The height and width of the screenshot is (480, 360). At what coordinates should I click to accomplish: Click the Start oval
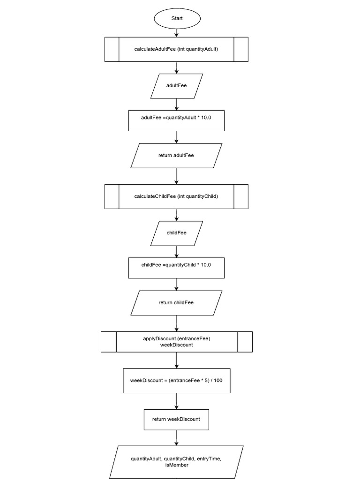click(x=177, y=18)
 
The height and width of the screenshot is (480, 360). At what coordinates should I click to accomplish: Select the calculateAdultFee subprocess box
click(x=176, y=49)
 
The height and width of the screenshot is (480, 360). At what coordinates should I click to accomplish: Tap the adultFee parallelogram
click(x=176, y=86)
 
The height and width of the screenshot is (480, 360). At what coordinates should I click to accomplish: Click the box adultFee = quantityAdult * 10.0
click(x=176, y=120)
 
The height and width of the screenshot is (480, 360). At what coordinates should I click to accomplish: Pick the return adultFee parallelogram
click(x=176, y=156)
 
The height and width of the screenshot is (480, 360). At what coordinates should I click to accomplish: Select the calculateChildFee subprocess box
click(x=176, y=196)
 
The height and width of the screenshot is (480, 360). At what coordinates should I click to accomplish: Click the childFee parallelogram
click(x=176, y=233)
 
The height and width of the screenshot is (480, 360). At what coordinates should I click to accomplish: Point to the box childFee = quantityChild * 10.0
click(x=176, y=268)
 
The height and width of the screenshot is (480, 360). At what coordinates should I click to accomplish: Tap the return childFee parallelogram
click(x=176, y=303)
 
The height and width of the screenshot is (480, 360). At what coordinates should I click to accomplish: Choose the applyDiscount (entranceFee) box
click(x=177, y=342)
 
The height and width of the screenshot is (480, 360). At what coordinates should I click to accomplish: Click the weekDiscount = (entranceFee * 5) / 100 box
click(x=177, y=381)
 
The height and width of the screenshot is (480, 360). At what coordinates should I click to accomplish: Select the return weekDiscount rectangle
click(x=176, y=419)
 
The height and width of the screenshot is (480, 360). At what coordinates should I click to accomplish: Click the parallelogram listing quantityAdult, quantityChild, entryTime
click(x=177, y=462)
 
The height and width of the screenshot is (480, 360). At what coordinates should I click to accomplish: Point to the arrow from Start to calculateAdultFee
click(x=177, y=33)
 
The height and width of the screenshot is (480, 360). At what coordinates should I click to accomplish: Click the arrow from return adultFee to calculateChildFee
click(x=177, y=176)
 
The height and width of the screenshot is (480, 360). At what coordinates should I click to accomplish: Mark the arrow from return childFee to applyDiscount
click(x=177, y=323)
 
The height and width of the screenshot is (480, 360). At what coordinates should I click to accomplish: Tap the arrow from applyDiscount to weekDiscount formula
click(x=177, y=360)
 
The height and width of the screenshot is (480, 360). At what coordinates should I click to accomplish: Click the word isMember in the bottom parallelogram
click(x=177, y=465)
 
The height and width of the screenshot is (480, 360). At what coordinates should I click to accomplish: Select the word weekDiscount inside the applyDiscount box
click(x=177, y=345)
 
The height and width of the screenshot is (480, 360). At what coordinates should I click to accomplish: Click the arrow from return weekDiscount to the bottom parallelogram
click(x=177, y=438)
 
